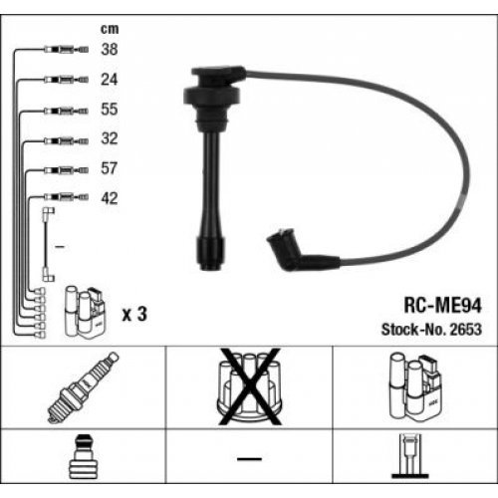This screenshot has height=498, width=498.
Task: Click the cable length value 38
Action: click(x=112, y=48)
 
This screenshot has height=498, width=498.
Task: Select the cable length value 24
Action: click(x=112, y=78)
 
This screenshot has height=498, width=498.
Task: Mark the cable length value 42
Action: click(x=112, y=198)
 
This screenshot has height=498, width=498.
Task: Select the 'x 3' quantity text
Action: click(x=133, y=314)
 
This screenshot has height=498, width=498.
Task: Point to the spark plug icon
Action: click(x=83, y=386)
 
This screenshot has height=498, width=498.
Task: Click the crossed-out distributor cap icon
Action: click(x=249, y=386)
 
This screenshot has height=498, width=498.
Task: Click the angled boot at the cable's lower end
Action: click(x=289, y=253)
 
